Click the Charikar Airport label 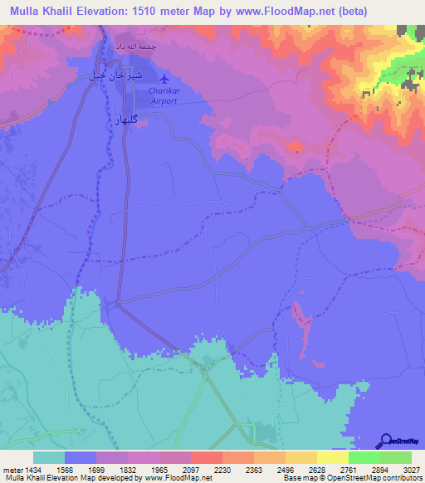coord(164,95)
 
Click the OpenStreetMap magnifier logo coord(383,441)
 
